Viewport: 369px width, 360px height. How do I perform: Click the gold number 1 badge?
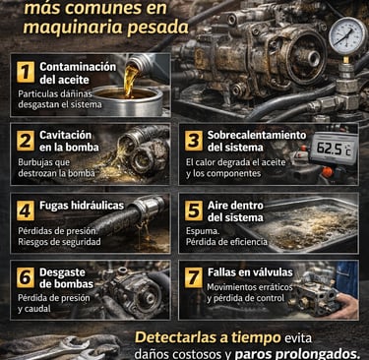[x=26, y=72]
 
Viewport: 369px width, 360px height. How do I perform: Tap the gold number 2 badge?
[x=26, y=142]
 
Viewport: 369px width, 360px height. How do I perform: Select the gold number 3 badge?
[x=194, y=142]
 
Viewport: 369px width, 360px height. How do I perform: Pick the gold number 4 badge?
[x=26, y=210]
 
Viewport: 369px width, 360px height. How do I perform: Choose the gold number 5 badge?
[x=194, y=210]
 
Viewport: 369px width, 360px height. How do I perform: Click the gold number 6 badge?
[x=26, y=277]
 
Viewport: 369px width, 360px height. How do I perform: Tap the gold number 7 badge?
[x=194, y=277]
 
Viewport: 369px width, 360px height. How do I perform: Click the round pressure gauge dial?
[x=347, y=36]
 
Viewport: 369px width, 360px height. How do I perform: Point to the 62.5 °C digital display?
[x=334, y=149]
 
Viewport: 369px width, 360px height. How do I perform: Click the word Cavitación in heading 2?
[x=66, y=135]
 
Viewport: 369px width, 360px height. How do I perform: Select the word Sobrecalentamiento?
[x=257, y=135]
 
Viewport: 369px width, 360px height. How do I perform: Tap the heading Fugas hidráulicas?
[x=82, y=206]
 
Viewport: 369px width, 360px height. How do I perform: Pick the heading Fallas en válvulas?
[x=250, y=272]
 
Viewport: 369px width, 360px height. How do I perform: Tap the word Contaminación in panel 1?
[x=78, y=67]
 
